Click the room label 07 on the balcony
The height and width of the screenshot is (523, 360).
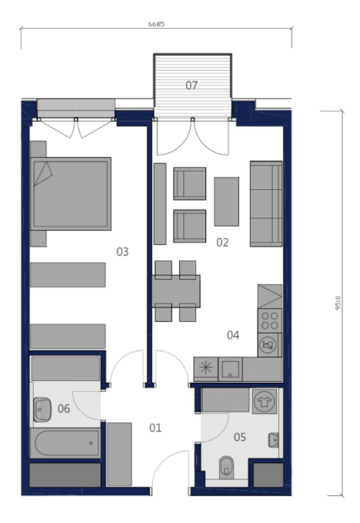pyautogui.click(x=192, y=85)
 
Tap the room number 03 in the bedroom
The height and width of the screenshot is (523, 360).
pyautogui.click(x=123, y=252)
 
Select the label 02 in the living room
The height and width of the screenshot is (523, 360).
pyautogui.click(x=222, y=242)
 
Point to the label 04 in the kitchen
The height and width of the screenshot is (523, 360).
pyautogui.click(x=233, y=335)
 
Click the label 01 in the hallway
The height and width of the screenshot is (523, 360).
pyautogui.click(x=155, y=428)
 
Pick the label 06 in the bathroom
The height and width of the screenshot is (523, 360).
pyautogui.click(x=63, y=408)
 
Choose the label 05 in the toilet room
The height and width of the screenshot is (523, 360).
pyautogui.click(x=240, y=437)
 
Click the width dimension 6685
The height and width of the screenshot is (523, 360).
pyautogui.click(x=156, y=25)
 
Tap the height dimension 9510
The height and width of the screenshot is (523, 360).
pyautogui.click(x=338, y=303)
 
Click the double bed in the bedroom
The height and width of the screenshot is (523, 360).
pyautogui.click(x=71, y=193)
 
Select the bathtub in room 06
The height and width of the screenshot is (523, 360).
pyautogui.click(x=65, y=444)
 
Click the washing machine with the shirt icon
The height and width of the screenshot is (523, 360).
pyautogui.click(x=265, y=401)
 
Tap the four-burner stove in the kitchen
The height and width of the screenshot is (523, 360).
pyautogui.click(x=270, y=320)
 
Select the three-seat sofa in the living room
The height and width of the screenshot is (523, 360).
pyautogui.click(x=266, y=204)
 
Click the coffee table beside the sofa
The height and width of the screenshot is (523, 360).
pyautogui.click(x=226, y=201)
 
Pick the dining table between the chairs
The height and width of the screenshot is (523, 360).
pyautogui.click(x=176, y=291)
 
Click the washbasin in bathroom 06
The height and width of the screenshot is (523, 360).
pyautogui.click(x=42, y=409)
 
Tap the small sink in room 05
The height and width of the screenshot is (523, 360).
pyautogui.click(x=274, y=440)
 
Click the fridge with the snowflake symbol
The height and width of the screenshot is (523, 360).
pyautogui.click(x=206, y=369)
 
